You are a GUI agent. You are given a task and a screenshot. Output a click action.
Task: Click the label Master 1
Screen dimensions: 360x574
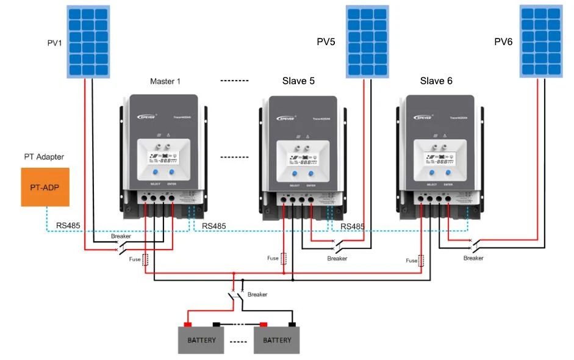click(165, 81)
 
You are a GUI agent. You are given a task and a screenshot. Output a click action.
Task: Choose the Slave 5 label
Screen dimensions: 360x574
click(298, 81)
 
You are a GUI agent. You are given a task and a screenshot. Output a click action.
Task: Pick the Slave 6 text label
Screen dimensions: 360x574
click(436, 81)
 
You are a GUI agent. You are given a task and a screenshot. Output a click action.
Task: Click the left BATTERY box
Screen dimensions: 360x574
click(201, 340)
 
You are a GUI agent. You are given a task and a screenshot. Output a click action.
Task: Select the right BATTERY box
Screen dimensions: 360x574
click(277, 340)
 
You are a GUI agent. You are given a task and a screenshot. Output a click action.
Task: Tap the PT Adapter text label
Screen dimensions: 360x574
click(44, 157)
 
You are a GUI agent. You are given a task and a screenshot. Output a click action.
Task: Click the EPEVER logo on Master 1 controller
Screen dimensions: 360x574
click(141, 114)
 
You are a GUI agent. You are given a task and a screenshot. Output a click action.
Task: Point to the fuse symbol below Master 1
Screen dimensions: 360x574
click(145, 259)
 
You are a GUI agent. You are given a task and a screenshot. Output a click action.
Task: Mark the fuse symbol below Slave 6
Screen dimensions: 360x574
click(421, 260)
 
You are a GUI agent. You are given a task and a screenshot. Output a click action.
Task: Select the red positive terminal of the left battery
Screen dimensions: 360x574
click(188, 324)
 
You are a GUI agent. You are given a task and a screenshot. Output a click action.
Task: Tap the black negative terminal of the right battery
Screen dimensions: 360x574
click(292, 324)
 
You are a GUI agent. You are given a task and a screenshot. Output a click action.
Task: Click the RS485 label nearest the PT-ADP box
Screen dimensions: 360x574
click(68, 225)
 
